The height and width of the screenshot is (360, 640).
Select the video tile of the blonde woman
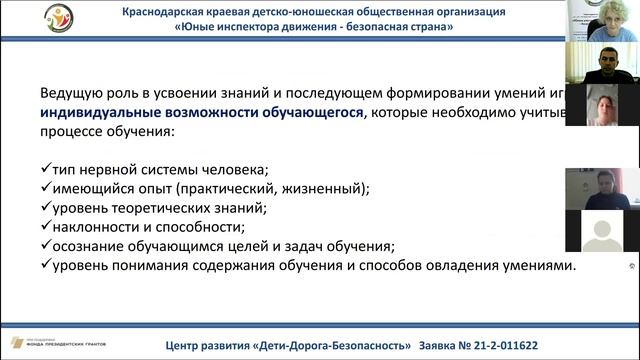tap(601, 21)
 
